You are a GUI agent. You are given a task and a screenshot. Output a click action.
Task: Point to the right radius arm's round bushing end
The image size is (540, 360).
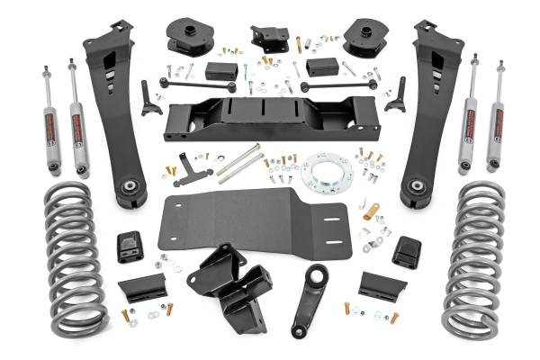(x=417, y=186)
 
